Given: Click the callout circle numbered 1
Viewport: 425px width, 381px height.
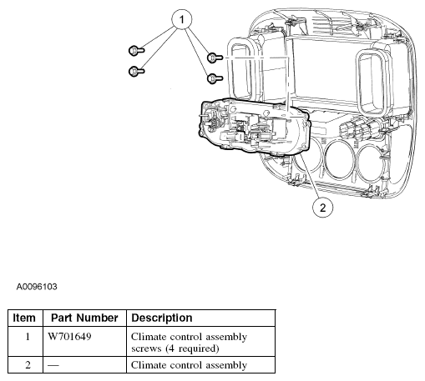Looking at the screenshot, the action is pos(182,20).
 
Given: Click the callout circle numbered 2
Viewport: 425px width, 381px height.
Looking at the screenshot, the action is pos(322,208).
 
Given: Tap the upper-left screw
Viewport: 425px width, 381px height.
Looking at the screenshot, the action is pos(137,51).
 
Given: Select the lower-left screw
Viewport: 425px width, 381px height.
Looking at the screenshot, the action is pos(137,72).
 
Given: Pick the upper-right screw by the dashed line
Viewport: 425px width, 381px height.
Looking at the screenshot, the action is pos(215,58).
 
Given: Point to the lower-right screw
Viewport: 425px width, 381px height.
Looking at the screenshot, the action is pos(215,78).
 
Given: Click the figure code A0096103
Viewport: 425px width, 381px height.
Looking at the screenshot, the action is pos(37,287).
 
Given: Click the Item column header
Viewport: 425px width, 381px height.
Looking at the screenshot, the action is pos(24,318).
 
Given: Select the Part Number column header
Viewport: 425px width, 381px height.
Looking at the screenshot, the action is pos(84,318).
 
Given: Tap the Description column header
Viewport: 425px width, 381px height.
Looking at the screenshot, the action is pos(162,318).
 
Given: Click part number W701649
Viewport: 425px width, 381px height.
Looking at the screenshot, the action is pos(69,337).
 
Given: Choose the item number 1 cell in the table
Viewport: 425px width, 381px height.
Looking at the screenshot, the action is pos(28,337).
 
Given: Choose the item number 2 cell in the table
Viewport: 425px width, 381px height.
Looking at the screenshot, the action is pos(28,365).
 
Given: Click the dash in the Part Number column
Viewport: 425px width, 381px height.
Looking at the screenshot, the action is pos(53,365).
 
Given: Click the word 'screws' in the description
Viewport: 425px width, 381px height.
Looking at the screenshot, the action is pos(146,348).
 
